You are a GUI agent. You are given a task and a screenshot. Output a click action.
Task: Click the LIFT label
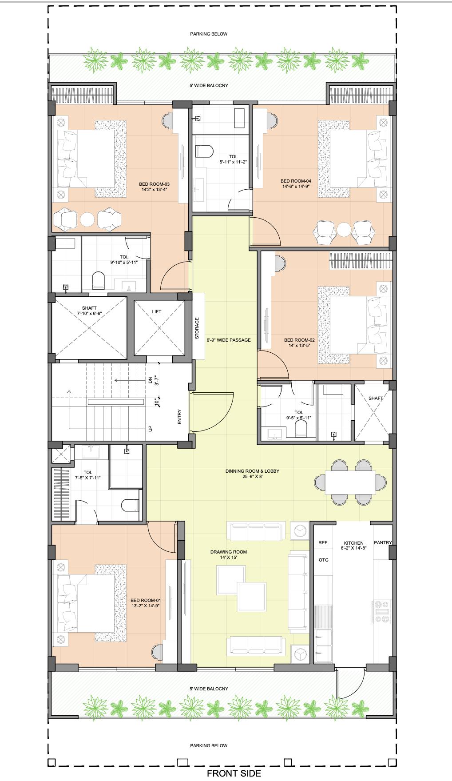point(157,312)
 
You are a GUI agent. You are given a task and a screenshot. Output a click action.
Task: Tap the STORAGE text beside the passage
point(197,328)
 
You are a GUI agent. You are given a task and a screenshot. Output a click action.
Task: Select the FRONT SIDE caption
point(234,773)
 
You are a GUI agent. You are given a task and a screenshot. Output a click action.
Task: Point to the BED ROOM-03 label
point(155,184)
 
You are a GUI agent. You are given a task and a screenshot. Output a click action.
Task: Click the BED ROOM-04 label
point(296,181)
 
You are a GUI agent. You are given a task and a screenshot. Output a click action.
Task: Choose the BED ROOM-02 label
point(299,340)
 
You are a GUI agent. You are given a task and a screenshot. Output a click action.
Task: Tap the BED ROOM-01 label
point(146,601)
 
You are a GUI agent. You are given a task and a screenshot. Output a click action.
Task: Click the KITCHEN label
point(354,543)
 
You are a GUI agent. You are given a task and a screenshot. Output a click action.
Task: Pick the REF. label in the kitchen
point(324,543)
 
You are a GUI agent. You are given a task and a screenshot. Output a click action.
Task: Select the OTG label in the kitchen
point(324,560)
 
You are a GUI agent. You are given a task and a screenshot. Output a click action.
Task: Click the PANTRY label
point(383,543)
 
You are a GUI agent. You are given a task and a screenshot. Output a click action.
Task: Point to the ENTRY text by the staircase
point(180,417)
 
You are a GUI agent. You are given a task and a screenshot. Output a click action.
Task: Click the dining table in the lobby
point(350,482)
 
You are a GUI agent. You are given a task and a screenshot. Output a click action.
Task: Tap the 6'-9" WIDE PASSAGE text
point(229,340)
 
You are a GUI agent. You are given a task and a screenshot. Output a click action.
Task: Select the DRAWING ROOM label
point(229,552)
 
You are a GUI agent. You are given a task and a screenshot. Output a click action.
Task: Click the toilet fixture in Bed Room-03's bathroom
point(98,281)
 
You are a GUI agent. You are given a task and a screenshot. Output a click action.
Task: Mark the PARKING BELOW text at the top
point(209,34)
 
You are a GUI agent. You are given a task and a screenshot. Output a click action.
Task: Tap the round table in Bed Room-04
point(344,230)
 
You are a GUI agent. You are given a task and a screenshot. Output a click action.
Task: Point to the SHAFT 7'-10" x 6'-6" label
point(89,311)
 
